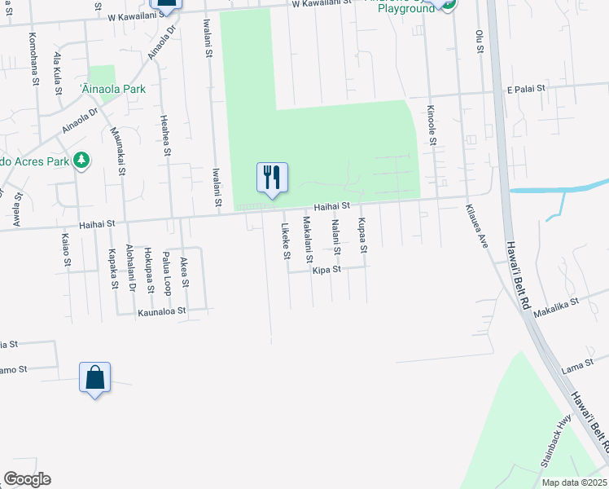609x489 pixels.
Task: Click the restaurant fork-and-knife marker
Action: click(x=272, y=177)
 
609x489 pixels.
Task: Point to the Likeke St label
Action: click(x=286, y=241)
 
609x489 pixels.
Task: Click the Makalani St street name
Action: click(x=308, y=239)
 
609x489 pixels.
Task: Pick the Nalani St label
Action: click(x=335, y=236)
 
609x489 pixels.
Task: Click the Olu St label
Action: click(x=479, y=42)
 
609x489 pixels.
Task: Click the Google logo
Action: click(x=27, y=479)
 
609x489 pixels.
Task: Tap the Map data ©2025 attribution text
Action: click(x=573, y=482)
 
